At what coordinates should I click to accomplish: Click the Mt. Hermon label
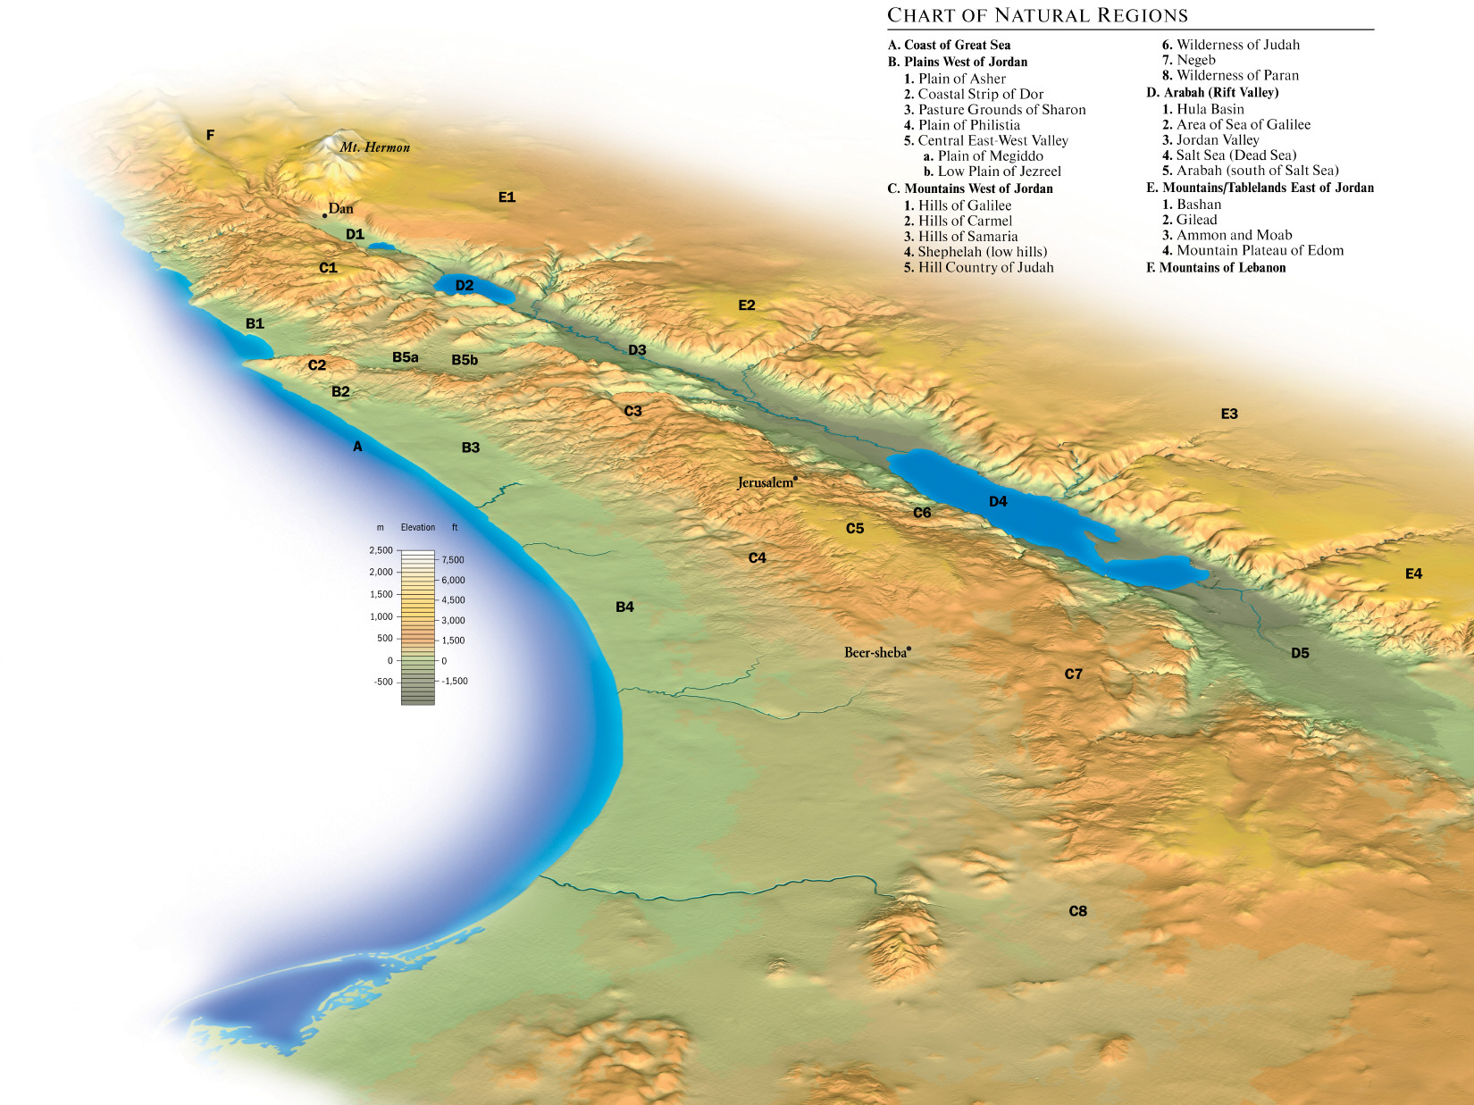[374, 147]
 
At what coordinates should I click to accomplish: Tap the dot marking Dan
[325, 215]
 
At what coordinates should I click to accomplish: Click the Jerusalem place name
[765, 482]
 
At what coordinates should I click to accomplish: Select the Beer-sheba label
[875, 652]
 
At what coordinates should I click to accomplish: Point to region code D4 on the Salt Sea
[998, 502]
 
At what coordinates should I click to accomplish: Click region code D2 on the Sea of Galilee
[465, 286]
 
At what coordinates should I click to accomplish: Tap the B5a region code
[405, 357]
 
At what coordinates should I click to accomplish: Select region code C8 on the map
[1077, 911]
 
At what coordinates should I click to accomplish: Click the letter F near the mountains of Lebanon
[210, 135]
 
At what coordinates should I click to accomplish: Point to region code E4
[1413, 573]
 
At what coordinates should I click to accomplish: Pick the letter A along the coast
[357, 447]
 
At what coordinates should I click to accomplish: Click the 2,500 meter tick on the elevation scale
[381, 550]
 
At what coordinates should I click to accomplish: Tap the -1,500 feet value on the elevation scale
[455, 681]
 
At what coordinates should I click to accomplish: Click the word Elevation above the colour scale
[418, 527]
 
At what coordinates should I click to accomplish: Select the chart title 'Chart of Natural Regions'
[1037, 15]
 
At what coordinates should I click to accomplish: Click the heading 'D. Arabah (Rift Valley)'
[1212, 92]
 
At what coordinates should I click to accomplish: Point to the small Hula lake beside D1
[381, 246]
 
